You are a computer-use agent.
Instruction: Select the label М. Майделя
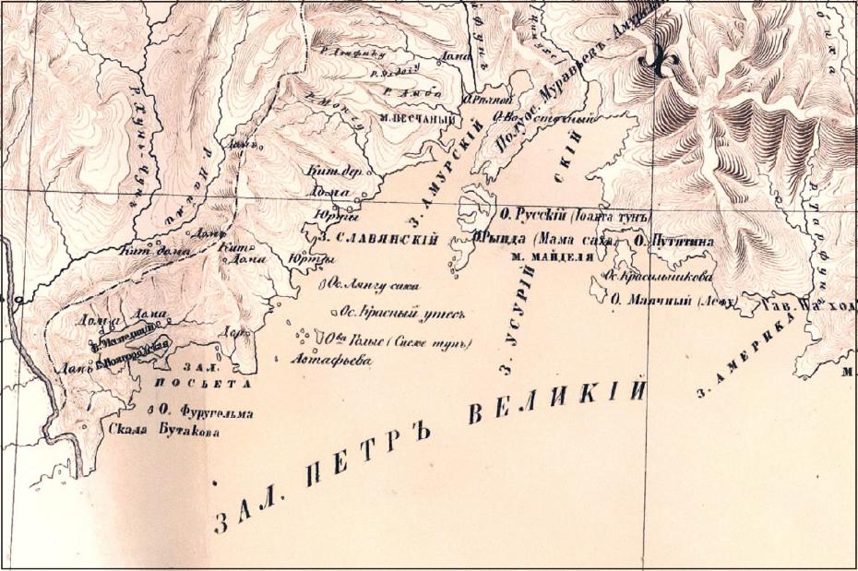point(551,256)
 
